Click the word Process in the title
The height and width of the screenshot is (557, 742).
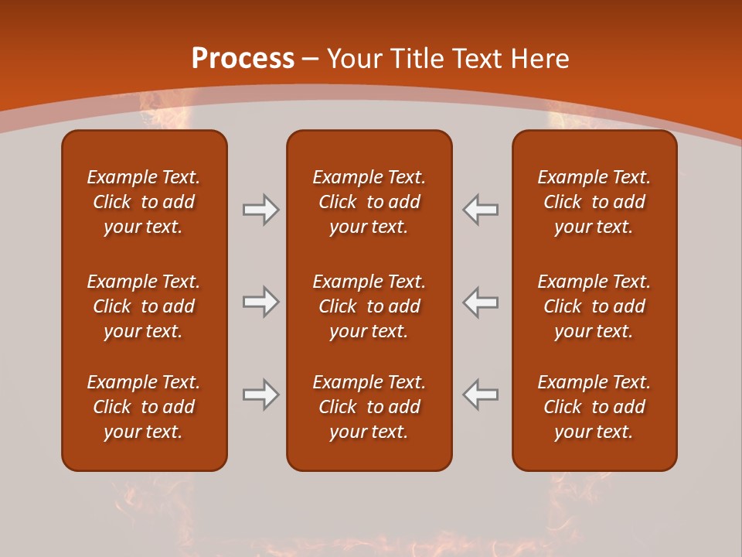pyautogui.click(x=243, y=59)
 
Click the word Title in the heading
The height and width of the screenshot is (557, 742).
pyautogui.click(x=418, y=59)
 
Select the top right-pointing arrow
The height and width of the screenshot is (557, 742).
pyautogui.click(x=260, y=210)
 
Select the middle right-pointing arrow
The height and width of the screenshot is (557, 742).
pyautogui.click(x=260, y=302)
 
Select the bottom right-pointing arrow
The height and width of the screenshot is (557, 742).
pyautogui.click(x=260, y=395)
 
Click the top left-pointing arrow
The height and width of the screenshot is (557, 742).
pyautogui.click(x=481, y=210)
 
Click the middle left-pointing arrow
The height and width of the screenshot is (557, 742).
pyautogui.click(x=481, y=302)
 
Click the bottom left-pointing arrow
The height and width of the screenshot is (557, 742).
pyautogui.click(x=481, y=395)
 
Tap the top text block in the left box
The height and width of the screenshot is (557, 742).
pyautogui.click(x=144, y=202)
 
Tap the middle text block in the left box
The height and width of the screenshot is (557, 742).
pyautogui.click(x=144, y=306)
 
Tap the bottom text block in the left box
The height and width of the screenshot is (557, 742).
pyautogui.click(x=144, y=407)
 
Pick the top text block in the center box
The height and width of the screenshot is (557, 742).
pyautogui.click(x=369, y=202)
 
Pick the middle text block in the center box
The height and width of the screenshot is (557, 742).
pyautogui.click(x=369, y=306)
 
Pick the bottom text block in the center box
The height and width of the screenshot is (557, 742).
pyautogui.click(x=369, y=407)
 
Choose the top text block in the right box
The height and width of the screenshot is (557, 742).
pyautogui.click(x=594, y=202)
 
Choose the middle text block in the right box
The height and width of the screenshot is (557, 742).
pyautogui.click(x=594, y=306)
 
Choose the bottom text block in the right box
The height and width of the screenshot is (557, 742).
pyautogui.click(x=594, y=407)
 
